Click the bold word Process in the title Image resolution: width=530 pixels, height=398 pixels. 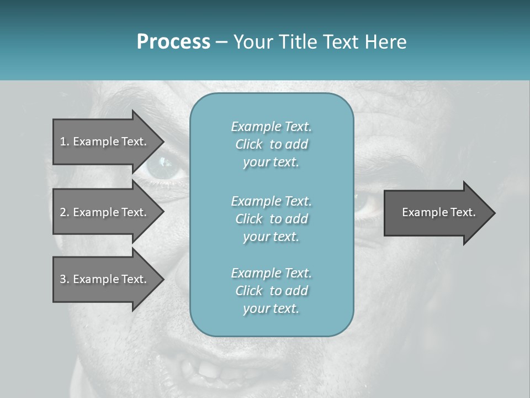(x=173, y=42)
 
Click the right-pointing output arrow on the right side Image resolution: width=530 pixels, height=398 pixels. (x=436, y=213)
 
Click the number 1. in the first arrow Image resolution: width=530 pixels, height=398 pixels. (x=65, y=142)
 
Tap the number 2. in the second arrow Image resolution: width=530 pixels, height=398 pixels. (x=65, y=212)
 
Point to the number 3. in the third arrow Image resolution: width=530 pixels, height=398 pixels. (x=65, y=279)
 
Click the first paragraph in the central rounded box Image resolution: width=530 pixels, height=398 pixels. (x=271, y=144)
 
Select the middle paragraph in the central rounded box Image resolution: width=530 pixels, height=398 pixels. (x=271, y=219)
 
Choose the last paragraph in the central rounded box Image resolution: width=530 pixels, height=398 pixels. (x=271, y=291)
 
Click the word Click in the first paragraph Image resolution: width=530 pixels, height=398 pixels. (x=249, y=144)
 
